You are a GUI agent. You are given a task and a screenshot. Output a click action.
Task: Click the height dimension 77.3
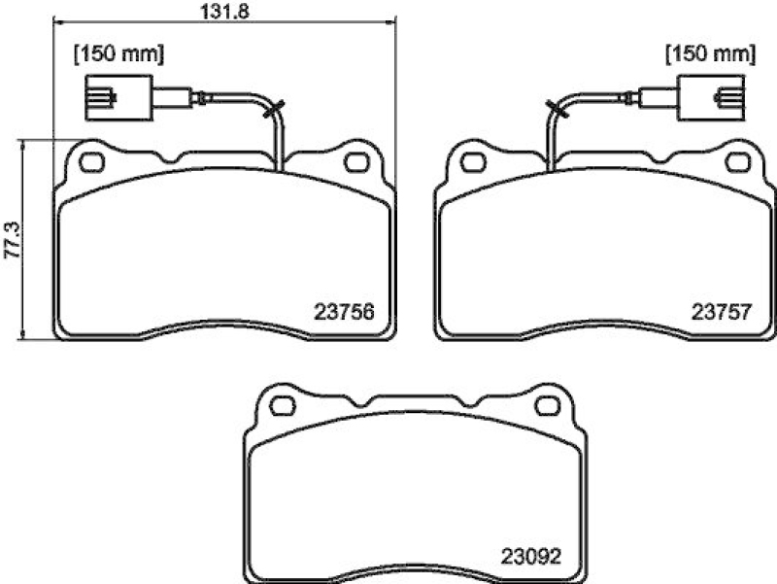11,239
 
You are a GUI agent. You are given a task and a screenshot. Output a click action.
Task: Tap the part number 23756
345,313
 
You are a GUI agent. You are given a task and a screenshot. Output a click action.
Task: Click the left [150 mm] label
119,54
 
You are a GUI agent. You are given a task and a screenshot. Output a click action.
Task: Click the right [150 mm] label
710,54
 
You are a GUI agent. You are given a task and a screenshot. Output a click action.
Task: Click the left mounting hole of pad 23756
90,160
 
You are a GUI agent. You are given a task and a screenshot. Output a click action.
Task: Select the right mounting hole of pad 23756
357,160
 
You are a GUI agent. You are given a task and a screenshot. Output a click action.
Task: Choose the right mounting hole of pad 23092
547,404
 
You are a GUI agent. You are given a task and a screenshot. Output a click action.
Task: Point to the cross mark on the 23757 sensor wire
555,110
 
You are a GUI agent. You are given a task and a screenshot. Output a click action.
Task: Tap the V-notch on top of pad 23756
174,157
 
